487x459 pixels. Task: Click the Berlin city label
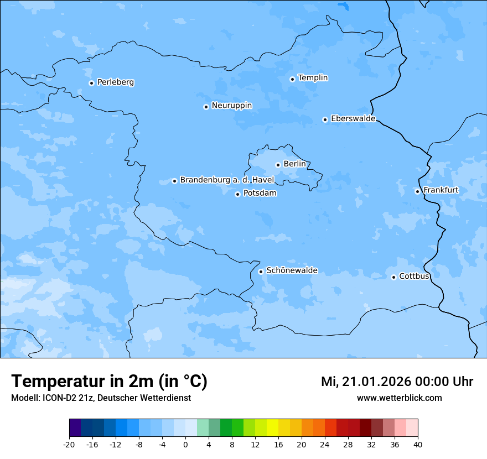click(x=294, y=164)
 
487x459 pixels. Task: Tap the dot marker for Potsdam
click(x=237, y=194)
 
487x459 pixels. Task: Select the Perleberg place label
click(x=115, y=82)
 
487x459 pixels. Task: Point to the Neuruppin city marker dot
click(x=206, y=107)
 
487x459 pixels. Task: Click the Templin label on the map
click(x=313, y=78)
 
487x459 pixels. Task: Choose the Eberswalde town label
click(x=353, y=119)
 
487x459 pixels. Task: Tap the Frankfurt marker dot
click(x=417, y=191)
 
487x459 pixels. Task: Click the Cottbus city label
click(x=414, y=276)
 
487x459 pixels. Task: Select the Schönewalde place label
click(x=292, y=270)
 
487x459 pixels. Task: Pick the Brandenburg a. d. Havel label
click(x=227, y=180)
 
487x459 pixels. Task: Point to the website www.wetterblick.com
click(x=399, y=398)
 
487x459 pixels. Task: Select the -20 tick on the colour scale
click(x=69, y=444)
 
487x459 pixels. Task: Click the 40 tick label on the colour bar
click(x=418, y=444)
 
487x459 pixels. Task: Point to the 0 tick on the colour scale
click(x=185, y=444)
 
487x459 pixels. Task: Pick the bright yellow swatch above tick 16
click(x=272, y=428)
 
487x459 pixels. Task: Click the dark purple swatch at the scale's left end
click(x=75, y=428)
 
